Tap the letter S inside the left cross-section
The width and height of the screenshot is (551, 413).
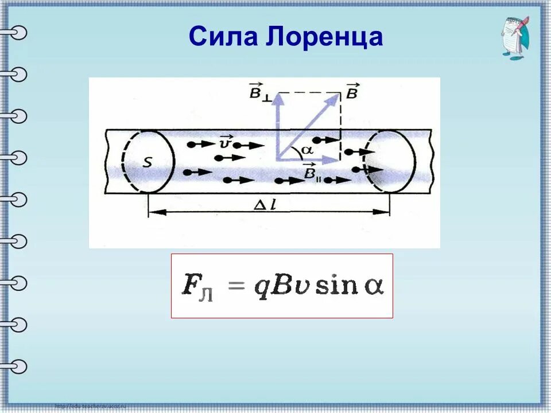pos(148,162)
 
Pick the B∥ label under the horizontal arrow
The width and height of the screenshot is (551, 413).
pos(312,173)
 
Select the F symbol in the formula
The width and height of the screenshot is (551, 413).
pos(189,285)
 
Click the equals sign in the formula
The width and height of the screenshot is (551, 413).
pos(236,286)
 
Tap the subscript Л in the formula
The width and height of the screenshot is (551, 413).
pos(206,295)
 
